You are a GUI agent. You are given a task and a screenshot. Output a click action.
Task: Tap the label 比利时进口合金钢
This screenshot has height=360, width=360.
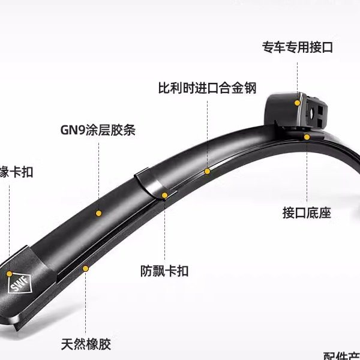coord(207,88)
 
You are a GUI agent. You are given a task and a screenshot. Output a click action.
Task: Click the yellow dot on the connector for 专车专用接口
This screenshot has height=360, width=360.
coord(297,103)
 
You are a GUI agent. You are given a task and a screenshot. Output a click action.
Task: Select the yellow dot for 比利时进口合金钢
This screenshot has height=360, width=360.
coord(207,172)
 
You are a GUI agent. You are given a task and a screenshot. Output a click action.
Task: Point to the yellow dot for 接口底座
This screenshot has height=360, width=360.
coord(307,137)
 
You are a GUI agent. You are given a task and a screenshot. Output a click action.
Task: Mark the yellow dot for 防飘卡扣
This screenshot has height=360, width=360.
coord(164,195)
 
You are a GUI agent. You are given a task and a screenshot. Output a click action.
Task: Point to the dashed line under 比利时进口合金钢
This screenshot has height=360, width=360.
coord(207,132)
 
